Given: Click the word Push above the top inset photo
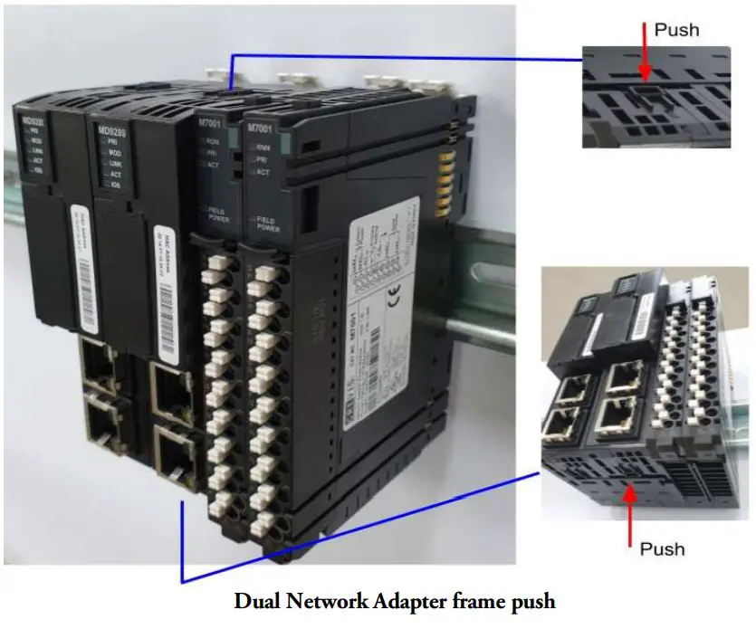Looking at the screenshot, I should pyautogui.click(x=676, y=30).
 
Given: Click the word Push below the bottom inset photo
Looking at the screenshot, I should pyautogui.click(x=662, y=548).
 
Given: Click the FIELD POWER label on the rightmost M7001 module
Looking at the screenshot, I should pyautogui.click(x=268, y=223).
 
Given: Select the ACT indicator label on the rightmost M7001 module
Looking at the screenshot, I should pyautogui.click(x=263, y=172).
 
